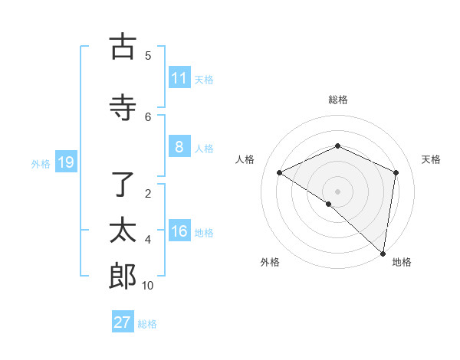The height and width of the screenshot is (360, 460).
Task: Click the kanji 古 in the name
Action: (123, 47)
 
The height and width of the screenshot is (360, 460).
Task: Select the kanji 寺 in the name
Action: (123, 106)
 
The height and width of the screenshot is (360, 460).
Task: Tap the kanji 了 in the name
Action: (123, 184)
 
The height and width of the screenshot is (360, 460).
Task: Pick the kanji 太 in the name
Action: (123, 231)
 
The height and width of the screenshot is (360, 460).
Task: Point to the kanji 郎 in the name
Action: (123, 277)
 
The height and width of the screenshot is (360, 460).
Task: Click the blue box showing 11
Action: (179, 78)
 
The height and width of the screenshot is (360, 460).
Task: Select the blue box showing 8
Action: (179, 147)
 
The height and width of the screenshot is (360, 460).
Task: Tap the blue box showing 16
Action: (179, 232)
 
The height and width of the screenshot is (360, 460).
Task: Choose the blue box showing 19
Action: (65, 162)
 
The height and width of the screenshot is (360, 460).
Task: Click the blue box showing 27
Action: (123, 322)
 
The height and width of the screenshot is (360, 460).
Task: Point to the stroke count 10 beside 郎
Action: (148, 286)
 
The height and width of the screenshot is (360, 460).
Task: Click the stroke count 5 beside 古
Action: (148, 55)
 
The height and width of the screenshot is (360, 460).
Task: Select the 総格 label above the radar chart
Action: (337, 100)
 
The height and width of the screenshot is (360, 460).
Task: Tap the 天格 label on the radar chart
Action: (431, 159)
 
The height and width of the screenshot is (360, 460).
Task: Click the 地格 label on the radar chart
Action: (402, 262)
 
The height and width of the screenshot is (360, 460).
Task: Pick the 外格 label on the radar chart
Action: (270, 262)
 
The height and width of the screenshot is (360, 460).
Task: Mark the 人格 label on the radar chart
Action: (245, 159)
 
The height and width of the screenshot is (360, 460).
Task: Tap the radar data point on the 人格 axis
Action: (280, 172)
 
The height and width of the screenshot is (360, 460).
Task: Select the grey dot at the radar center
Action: (337, 191)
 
